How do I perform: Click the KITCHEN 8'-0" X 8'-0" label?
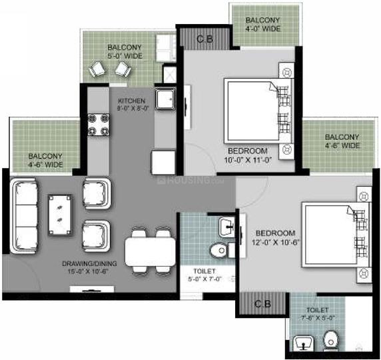click(x=133, y=105)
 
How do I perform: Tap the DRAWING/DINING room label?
click(x=89, y=267)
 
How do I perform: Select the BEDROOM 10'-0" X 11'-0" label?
click(x=248, y=155)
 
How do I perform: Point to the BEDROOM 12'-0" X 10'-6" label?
click(x=275, y=237)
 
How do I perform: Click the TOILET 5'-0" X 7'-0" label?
click(x=204, y=275)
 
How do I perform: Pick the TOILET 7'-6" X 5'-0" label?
click(x=317, y=314)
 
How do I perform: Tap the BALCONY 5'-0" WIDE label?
click(x=125, y=51)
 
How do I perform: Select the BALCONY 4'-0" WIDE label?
click(x=263, y=24)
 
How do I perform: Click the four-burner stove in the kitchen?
click(x=99, y=124)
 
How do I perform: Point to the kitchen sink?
click(x=165, y=99)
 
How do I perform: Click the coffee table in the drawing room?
click(x=60, y=215)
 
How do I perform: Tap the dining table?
click(x=150, y=252)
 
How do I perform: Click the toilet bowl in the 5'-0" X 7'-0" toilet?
click(x=220, y=250)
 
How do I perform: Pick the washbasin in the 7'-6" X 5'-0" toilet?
click(x=304, y=343)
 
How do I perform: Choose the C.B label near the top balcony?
click(x=205, y=39)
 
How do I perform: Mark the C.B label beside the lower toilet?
click(x=262, y=304)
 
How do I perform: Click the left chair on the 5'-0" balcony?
click(x=98, y=69)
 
